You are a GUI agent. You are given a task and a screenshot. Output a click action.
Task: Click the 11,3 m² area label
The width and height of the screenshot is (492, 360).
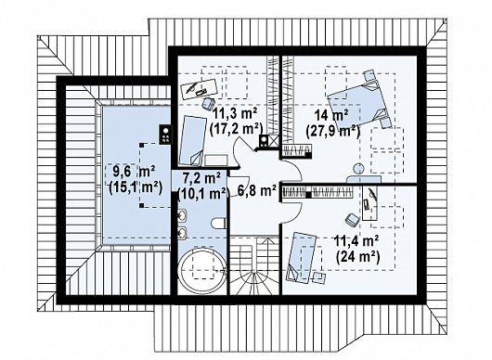pyautogui.click(x=235, y=112)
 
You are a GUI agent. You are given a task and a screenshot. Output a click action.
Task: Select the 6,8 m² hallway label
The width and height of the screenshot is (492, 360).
pyautogui.click(x=256, y=190)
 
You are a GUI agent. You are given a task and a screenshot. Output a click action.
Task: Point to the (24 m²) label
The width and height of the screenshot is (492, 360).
pyautogui.click(x=357, y=257)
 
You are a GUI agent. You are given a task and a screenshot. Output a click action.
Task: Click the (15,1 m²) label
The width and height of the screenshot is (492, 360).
pyautogui.click(x=136, y=188)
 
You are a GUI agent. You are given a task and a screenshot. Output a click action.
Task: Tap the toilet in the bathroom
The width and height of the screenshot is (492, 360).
pyautogui.click(x=219, y=223)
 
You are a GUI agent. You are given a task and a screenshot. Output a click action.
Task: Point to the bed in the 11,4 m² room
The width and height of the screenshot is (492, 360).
pyautogui.click(x=301, y=257)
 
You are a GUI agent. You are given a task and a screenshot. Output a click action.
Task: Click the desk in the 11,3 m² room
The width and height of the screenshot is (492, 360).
pyautogui.click(x=200, y=88)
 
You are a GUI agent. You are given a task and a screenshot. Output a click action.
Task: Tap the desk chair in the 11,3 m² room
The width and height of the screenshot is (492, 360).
pyautogui.click(x=208, y=103)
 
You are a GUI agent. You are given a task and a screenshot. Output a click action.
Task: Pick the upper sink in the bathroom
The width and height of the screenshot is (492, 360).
pyautogui.click(x=182, y=216)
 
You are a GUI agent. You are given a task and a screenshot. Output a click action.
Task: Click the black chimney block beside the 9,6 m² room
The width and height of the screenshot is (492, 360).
pyautogui.click(x=165, y=135)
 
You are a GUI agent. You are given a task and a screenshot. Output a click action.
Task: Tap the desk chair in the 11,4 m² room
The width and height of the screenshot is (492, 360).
pyautogui.click(x=353, y=219)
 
